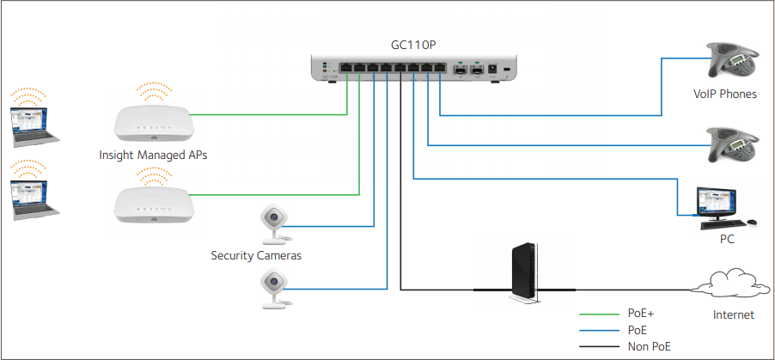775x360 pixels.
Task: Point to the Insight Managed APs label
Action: [x=153, y=156]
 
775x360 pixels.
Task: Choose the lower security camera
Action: [x=274, y=286]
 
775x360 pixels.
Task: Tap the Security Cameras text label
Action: [x=256, y=255]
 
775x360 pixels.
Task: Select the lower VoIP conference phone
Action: [x=733, y=142]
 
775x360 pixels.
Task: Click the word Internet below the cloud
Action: [x=733, y=315]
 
